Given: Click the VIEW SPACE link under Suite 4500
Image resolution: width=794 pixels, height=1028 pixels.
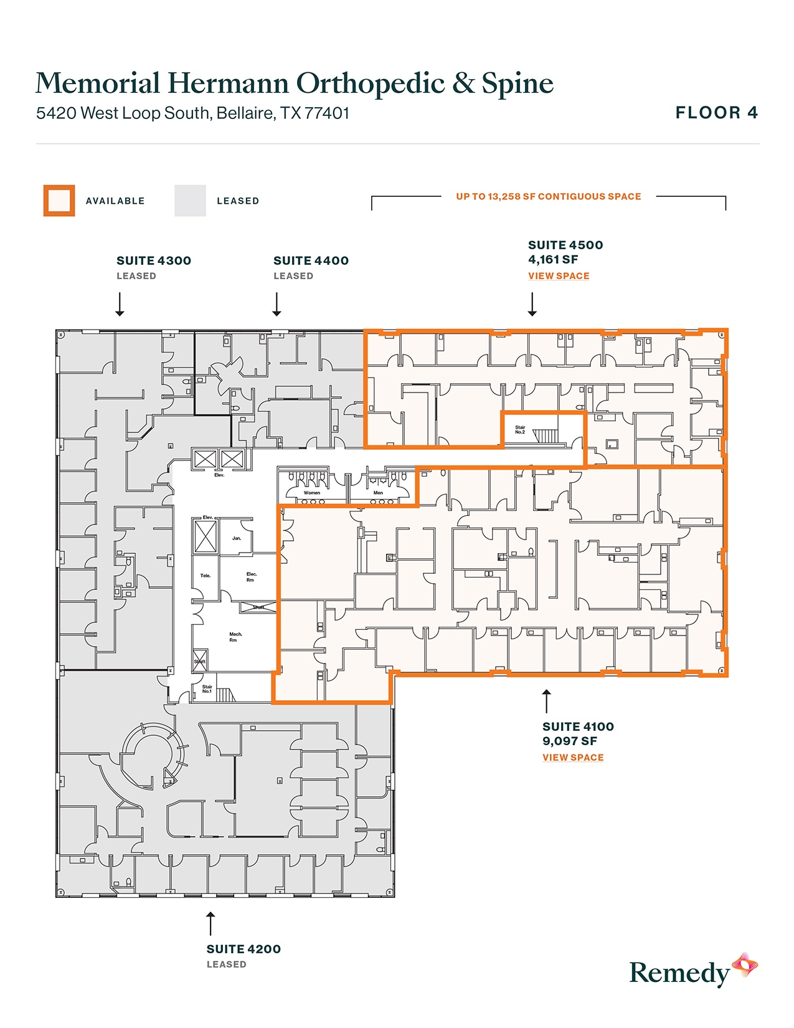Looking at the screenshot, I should pos(558,276).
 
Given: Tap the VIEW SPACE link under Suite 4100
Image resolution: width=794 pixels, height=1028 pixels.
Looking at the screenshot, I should pos(572,758).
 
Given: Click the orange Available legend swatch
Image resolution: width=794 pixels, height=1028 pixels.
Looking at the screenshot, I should pos(59,201).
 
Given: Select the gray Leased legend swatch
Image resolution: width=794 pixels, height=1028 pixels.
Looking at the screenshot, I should pos(190,201).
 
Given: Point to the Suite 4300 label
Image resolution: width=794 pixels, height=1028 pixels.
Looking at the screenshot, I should pos(153,261).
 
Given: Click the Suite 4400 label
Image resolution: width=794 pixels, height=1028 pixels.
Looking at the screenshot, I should pos(311,261).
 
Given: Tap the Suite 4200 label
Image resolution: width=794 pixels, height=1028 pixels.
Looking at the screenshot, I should pos(243,949).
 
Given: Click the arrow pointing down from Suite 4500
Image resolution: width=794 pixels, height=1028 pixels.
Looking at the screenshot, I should pos(532,305).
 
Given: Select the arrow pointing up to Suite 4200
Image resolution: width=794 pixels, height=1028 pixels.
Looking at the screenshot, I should pos(210,923).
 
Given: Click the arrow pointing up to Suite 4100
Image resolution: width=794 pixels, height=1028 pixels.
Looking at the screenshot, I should pos(546,701).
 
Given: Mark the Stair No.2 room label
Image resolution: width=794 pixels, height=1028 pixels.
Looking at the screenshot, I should pos(520,430).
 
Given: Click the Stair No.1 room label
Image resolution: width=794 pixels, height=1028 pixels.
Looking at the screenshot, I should pos(207,689).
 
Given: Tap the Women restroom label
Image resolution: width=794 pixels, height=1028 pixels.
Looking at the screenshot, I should pos(311,493).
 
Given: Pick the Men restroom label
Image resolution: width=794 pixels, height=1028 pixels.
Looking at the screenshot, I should pos(378,493).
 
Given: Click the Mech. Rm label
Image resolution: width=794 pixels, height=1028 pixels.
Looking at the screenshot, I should pos(235,637).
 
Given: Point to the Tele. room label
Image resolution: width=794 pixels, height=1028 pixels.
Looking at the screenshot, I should pos(205,576).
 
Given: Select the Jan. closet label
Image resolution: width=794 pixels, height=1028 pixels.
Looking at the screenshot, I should pos(236,538).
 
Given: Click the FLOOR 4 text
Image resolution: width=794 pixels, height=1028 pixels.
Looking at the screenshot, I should pos(716,113).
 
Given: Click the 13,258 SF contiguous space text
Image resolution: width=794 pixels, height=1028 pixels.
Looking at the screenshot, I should pos(548,197).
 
